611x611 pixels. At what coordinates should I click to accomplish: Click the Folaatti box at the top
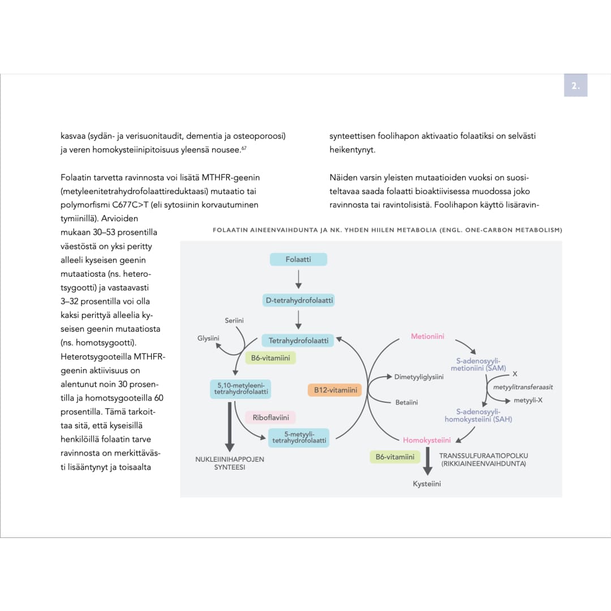[x=298, y=259]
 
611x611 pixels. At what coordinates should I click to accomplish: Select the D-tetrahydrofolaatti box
[x=299, y=300]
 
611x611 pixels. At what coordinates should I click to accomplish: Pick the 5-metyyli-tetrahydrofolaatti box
[x=299, y=437]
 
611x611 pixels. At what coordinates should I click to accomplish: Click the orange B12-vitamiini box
[x=335, y=390]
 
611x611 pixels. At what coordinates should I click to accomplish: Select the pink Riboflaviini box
[x=270, y=418]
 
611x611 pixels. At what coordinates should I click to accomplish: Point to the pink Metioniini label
[x=427, y=337]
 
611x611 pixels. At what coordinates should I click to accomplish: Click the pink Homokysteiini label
[x=427, y=440]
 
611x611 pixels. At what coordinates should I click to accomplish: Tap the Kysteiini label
[x=427, y=484]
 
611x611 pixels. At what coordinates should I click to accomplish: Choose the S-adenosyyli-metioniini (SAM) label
[x=478, y=365]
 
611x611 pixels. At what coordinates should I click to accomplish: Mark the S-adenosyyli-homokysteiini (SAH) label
[x=478, y=415]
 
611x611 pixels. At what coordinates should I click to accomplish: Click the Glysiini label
[x=208, y=338]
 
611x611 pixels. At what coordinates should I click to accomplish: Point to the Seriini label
[x=234, y=321]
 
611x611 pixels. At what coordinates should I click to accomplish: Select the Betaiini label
[x=406, y=402]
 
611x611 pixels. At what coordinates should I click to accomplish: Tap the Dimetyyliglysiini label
[x=419, y=377]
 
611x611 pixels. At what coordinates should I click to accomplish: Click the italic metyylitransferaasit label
[x=523, y=387]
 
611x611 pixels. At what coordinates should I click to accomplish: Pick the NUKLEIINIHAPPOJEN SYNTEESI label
[x=229, y=463]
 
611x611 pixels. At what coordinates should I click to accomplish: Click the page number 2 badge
[x=575, y=86]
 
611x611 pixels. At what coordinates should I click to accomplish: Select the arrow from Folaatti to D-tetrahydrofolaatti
[x=299, y=279]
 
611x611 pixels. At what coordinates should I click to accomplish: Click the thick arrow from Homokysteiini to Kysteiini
[x=428, y=461]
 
